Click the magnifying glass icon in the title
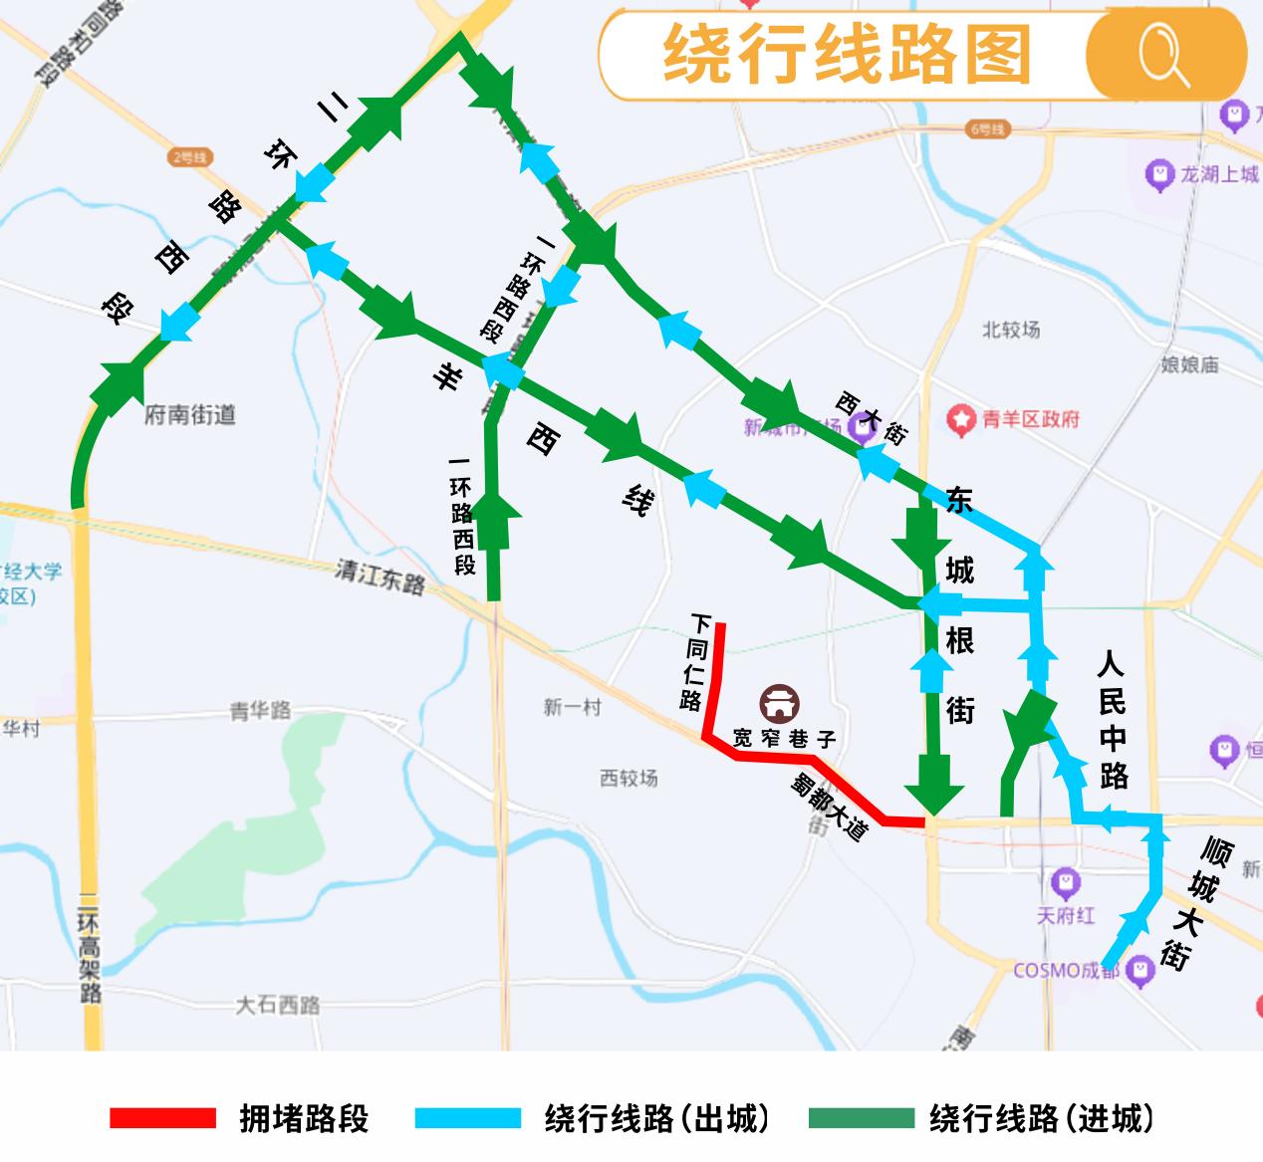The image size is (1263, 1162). [x=1164, y=54]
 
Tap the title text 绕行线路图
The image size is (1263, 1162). [x=846, y=55]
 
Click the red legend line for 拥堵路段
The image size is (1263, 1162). [x=162, y=1118]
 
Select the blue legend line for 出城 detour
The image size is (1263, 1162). [x=468, y=1118]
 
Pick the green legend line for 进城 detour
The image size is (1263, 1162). [x=861, y=1118]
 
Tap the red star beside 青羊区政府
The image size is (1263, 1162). [x=961, y=420]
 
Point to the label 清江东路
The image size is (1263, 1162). [x=379, y=577]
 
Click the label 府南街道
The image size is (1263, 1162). [x=190, y=414]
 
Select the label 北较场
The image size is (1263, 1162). [x=1010, y=330]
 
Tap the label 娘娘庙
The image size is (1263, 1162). [x=1189, y=364]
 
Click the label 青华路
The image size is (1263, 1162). [x=260, y=711]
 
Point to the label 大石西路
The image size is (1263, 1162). [x=278, y=1005]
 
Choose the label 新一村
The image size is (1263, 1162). [x=573, y=707]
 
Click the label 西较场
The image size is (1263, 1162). [x=629, y=778]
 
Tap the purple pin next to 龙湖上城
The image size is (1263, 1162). [x=1159, y=175]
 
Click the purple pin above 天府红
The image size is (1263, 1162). [x=1067, y=881]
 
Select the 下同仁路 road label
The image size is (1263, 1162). [x=695, y=661]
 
